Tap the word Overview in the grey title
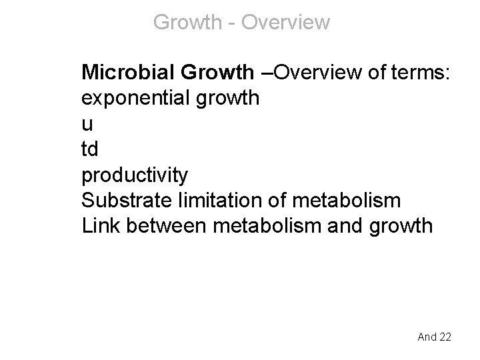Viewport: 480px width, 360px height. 285,22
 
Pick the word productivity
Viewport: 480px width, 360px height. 135,175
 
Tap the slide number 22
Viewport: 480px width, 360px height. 444,337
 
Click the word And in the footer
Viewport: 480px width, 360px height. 426,337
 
